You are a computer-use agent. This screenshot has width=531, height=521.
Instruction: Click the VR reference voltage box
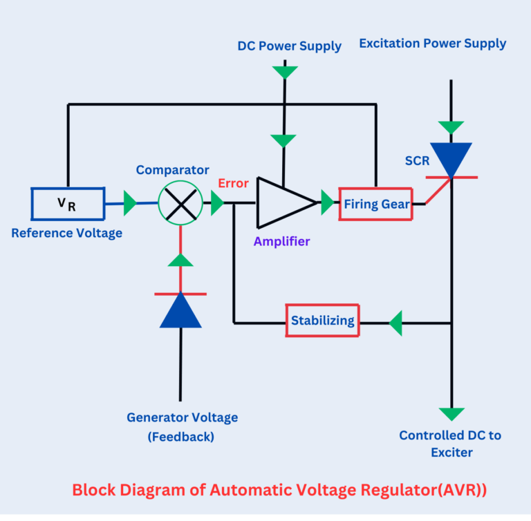click(x=67, y=203)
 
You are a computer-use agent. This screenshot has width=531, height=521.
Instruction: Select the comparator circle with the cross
click(x=180, y=203)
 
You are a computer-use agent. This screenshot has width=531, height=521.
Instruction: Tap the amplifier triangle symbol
click(x=284, y=202)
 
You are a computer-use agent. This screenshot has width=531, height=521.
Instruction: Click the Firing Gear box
click(x=375, y=204)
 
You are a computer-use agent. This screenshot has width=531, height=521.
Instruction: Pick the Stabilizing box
click(x=323, y=321)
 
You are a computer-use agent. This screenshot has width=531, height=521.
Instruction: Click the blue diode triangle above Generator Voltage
click(x=180, y=310)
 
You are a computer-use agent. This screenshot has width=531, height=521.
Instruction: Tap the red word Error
click(x=233, y=184)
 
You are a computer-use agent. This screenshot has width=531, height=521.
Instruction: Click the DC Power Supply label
click(x=290, y=46)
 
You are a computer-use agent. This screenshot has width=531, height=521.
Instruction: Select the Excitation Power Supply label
click(x=433, y=44)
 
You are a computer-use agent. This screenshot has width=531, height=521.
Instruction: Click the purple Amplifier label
click(x=281, y=241)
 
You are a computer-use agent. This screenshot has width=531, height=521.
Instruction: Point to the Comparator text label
click(x=172, y=169)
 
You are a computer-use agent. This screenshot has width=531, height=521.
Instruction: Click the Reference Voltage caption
click(x=66, y=233)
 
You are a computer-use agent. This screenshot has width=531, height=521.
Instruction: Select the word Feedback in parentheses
click(x=180, y=437)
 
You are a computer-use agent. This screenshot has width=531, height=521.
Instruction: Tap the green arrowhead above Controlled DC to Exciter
click(x=451, y=414)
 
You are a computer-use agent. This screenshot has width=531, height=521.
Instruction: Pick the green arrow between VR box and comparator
click(x=129, y=203)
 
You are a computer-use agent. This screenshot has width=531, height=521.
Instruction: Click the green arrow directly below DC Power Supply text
click(x=284, y=71)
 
